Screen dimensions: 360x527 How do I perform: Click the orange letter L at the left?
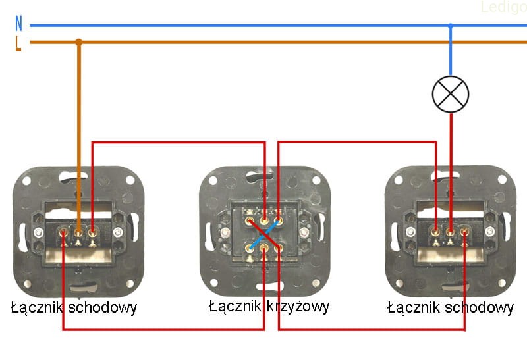pyautogui.click(x=18, y=43)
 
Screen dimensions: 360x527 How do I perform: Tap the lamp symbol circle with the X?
pyautogui.click(x=451, y=93)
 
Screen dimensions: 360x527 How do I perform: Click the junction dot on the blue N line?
pyautogui.click(x=451, y=26)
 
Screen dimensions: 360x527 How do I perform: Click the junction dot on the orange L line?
pyautogui.click(x=79, y=42)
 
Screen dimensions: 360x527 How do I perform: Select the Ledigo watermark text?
pyautogui.click(x=502, y=8)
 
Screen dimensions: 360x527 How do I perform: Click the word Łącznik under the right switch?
pyautogui.click(x=412, y=307)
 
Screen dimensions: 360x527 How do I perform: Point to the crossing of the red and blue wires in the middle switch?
pyautogui.click(x=264, y=233)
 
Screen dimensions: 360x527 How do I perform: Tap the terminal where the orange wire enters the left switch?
pyautogui.click(x=78, y=231)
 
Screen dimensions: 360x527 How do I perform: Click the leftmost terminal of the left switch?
pyautogui.click(x=63, y=231)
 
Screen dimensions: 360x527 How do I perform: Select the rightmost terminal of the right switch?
pyautogui.click(x=465, y=231)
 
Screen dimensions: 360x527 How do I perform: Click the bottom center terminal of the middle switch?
pyautogui.click(x=264, y=247)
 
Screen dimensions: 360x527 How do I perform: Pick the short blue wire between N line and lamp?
pyautogui.click(x=451, y=53)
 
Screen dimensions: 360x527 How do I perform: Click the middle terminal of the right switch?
pyautogui.click(x=451, y=231)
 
